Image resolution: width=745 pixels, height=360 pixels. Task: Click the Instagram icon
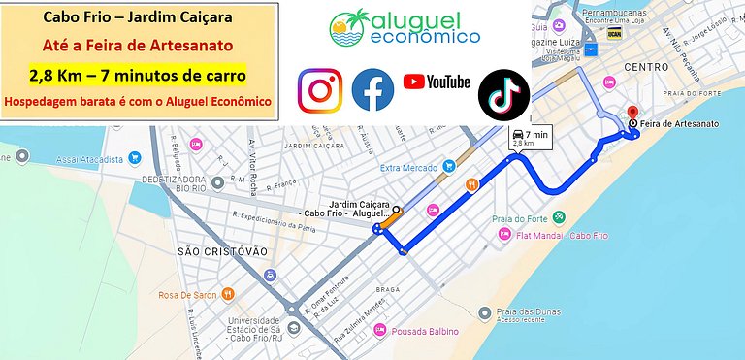[320, 90]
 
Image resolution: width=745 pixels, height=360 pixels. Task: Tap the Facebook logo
[372, 89]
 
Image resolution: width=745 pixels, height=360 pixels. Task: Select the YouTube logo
[437, 82]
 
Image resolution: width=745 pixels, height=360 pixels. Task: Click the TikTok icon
[503, 94]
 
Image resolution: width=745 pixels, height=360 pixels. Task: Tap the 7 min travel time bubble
[529, 136]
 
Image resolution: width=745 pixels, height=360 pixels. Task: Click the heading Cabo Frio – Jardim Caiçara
[137, 18]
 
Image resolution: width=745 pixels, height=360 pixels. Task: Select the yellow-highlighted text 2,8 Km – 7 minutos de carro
[138, 74]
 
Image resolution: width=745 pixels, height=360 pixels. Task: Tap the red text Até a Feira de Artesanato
[138, 46]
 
